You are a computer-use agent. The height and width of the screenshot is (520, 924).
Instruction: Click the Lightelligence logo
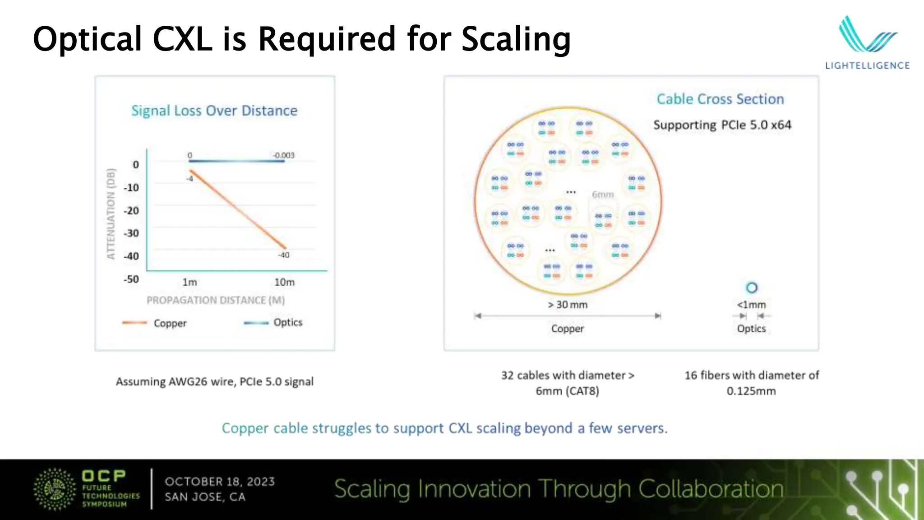[x=867, y=43]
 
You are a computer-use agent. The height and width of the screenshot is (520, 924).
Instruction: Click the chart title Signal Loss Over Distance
[x=214, y=111]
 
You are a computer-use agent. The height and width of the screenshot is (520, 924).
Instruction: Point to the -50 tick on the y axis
[x=131, y=279]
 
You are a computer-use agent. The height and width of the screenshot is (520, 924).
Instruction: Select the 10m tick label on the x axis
[x=284, y=282]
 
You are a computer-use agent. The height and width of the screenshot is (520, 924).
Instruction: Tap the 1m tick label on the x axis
[x=189, y=282]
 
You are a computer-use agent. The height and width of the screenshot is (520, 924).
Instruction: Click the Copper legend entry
[x=170, y=323]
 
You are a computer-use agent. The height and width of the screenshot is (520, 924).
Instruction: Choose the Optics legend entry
[x=288, y=322]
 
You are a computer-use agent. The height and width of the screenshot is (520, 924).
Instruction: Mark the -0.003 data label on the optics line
[x=283, y=155]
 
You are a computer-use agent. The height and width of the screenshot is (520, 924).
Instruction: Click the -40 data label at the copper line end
[x=284, y=255]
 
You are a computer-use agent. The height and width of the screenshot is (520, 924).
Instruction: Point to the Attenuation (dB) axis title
[x=111, y=214]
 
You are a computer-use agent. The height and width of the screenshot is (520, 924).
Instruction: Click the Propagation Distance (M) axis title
[x=216, y=300]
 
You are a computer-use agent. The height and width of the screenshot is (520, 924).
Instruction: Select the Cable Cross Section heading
[x=720, y=99]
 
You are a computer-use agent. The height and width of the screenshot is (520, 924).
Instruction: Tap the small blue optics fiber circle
[x=752, y=288]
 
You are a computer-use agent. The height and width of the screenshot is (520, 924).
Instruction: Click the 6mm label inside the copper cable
[x=603, y=195]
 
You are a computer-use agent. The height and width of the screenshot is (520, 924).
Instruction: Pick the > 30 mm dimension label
[x=568, y=305]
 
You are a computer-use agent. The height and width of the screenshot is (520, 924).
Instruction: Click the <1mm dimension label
[x=751, y=305]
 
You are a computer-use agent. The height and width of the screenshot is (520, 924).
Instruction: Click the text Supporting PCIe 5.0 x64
[x=722, y=125]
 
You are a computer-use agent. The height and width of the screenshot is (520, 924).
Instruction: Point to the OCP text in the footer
[x=104, y=476]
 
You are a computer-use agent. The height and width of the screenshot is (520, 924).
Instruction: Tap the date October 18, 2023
[x=220, y=482]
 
